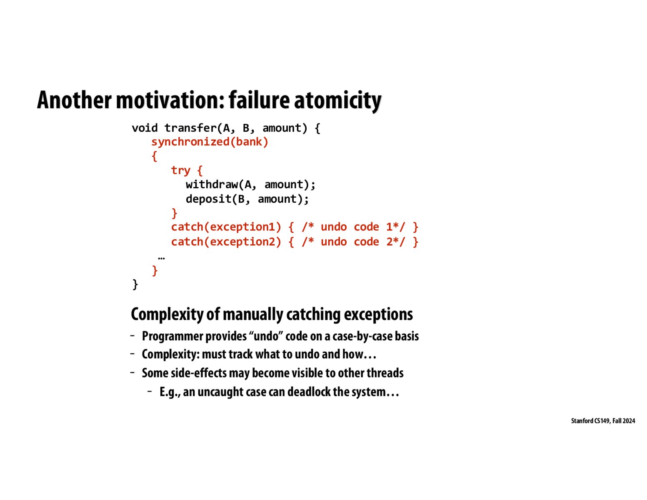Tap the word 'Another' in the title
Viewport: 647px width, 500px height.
[74, 100]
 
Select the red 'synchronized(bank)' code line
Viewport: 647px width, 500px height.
[210, 142]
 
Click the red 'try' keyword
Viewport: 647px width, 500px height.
[180, 170]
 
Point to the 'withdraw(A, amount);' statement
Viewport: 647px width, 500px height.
[250, 185]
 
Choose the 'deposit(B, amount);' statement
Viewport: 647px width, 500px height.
[247, 199]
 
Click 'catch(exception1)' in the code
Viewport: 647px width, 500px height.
[226, 227]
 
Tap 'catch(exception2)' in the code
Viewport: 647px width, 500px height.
[226, 242]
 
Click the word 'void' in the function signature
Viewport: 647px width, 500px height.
[145, 128]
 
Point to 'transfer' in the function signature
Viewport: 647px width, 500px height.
[190, 128]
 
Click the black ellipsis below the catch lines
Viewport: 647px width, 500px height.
[161, 258]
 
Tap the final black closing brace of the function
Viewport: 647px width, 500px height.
[135, 285]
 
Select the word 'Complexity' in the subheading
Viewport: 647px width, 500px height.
[167, 314]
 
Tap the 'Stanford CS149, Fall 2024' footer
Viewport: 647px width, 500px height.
[603, 421]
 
